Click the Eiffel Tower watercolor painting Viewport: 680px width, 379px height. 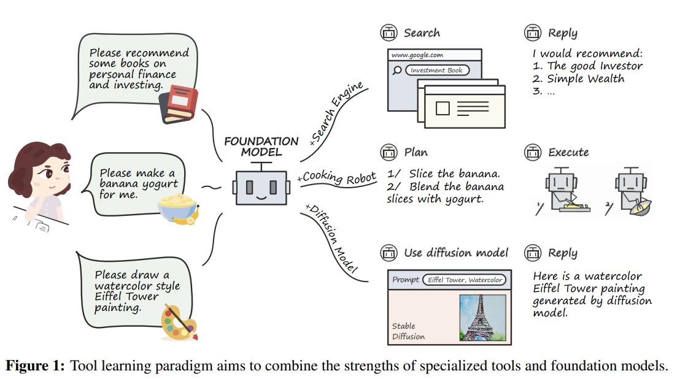click(x=483, y=318)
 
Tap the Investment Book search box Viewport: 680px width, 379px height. click(x=438, y=71)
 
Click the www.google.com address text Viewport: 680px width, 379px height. click(x=417, y=55)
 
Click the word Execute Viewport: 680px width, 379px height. click(x=568, y=152)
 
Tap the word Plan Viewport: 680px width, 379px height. click(x=416, y=152)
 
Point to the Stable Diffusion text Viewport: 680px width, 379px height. click(x=408, y=331)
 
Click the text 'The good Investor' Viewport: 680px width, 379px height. click(x=595, y=66)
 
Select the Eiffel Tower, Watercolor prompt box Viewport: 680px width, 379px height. click(x=465, y=280)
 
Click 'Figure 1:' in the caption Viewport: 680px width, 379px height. click(x=36, y=367)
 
